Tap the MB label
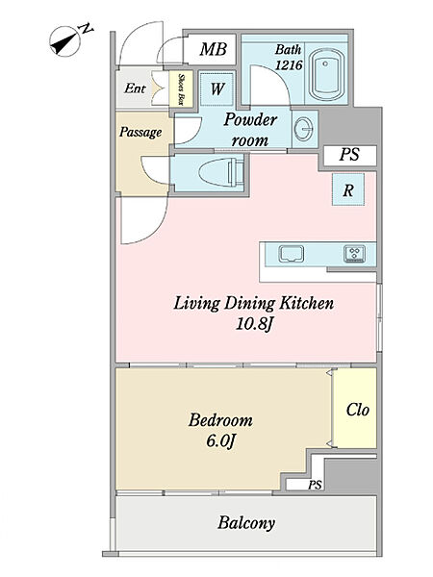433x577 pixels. click(213, 49)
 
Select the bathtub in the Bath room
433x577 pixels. click(326, 75)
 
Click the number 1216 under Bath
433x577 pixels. click(289, 65)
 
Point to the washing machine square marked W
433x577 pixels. click(216, 89)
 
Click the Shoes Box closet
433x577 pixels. click(181, 89)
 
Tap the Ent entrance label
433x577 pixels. click(135, 88)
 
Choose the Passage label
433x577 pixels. click(140, 132)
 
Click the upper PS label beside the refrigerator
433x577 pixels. click(349, 155)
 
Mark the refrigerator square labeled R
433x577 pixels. click(348, 189)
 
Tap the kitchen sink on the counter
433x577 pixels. click(292, 254)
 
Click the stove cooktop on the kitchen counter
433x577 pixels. click(354, 254)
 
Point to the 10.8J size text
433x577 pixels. click(254, 325)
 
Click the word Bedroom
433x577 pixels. click(220, 420)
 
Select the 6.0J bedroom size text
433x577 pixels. click(220, 440)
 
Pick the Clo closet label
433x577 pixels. click(357, 410)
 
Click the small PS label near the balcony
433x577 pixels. click(315, 486)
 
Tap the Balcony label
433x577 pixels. click(246, 523)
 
